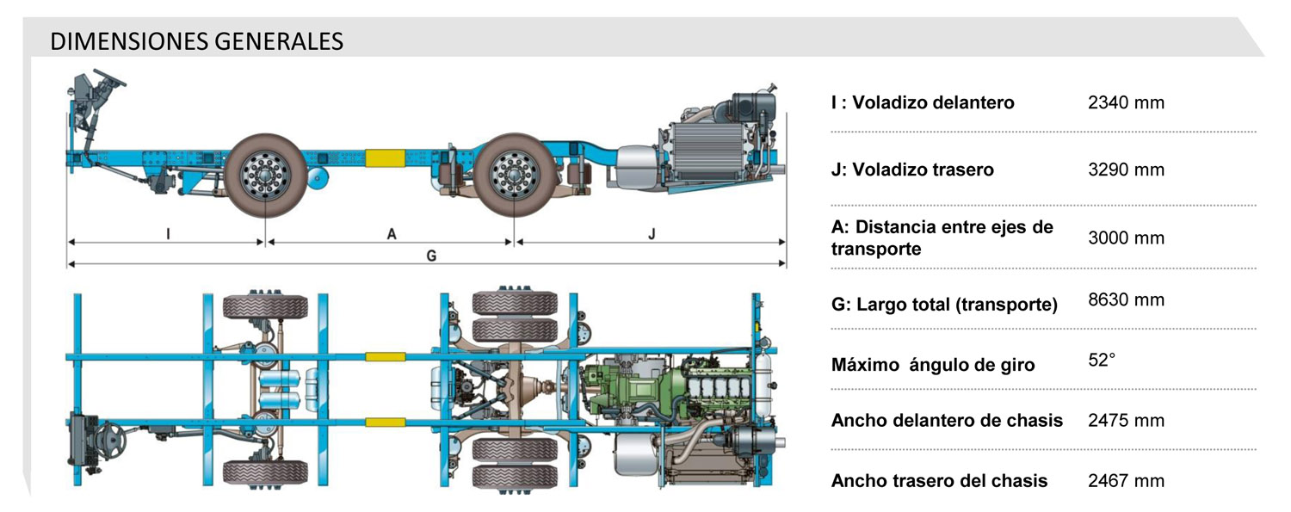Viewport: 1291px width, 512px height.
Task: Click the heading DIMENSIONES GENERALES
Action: point(197,41)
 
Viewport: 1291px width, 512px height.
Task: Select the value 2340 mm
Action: point(1126,102)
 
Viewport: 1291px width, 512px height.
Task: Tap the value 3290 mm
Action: point(1126,170)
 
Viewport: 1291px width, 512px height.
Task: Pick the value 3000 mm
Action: point(1126,237)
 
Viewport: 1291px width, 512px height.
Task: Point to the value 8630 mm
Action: point(1126,299)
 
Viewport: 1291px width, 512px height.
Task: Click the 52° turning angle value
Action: point(1102,360)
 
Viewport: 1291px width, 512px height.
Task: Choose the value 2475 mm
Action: point(1126,420)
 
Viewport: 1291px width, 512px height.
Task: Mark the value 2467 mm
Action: point(1126,480)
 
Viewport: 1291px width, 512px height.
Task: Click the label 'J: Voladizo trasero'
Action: point(912,170)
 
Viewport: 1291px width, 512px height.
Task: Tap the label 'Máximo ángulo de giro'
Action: point(933,365)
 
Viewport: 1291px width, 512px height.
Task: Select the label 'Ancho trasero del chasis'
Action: point(939,481)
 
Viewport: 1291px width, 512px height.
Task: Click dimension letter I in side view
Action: point(168,232)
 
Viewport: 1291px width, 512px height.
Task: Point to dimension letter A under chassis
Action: point(392,234)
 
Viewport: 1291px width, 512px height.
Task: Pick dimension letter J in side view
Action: point(652,233)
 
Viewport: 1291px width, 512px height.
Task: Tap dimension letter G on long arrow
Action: point(431,256)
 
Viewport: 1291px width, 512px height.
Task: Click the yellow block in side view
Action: point(386,158)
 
